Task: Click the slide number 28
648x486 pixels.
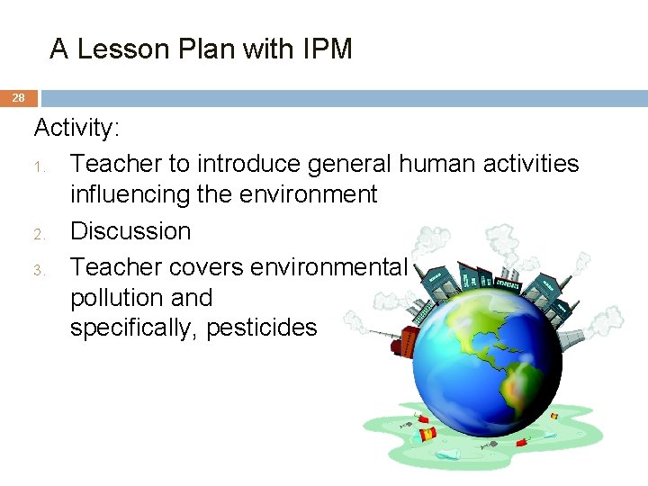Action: coord(18,97)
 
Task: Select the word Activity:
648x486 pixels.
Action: coord(76,129)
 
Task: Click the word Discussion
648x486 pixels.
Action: coord(130,231)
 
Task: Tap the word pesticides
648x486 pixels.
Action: coord(262,328)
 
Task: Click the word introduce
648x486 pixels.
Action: coord(250,163)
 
